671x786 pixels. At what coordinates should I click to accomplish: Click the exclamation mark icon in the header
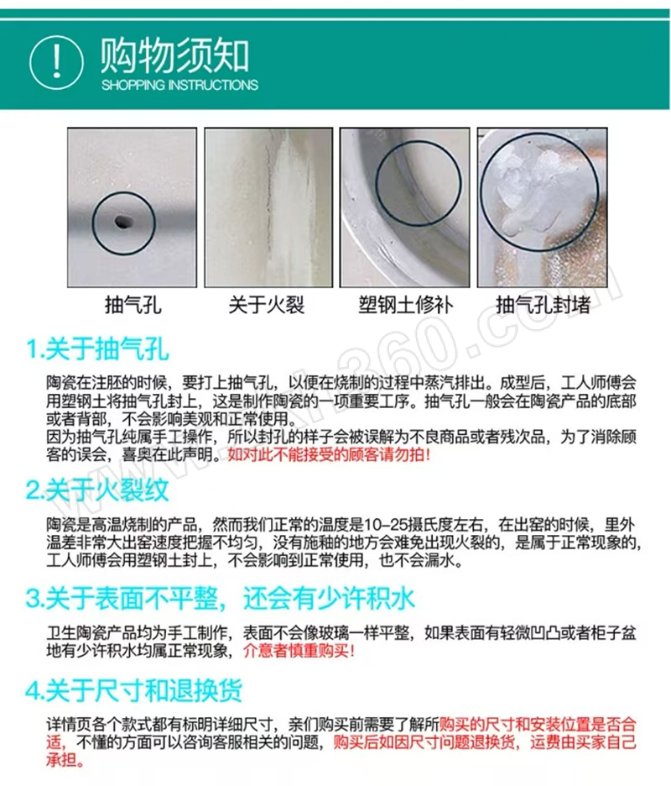(x=56, y=63)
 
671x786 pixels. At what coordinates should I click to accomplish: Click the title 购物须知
(x=174, y=56)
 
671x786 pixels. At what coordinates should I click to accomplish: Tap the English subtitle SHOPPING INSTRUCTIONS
(x=179, y=85)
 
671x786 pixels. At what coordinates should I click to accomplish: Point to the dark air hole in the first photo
(x=123, y=221)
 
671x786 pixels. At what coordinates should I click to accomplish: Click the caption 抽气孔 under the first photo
(x=133, y=304)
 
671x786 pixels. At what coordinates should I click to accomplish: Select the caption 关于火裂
(x=267, y=304)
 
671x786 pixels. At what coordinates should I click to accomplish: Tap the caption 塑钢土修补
(x=406, y=304)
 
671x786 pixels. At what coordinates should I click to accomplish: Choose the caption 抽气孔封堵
(x=543, y=304)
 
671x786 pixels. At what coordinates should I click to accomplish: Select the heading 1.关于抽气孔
(x=97, y=348)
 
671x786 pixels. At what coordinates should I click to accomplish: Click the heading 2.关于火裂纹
(x=97, y=490)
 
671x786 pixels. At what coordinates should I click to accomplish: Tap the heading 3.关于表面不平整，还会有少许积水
(x=220, y=598)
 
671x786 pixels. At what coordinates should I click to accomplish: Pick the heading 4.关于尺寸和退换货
(x=133, y=690)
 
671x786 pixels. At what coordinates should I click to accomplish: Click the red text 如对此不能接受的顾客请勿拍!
(x=329, y=454)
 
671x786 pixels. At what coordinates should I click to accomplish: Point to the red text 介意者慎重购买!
(x=299, y=651)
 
